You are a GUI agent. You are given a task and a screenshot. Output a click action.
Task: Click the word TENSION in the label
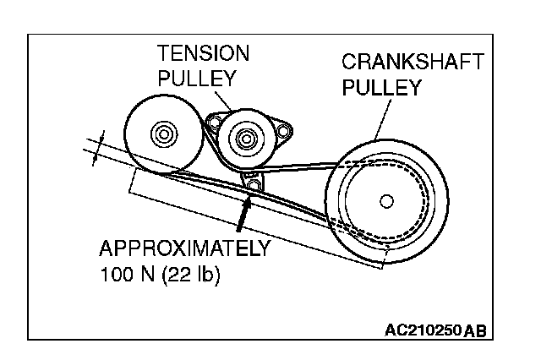[x=204, y=54]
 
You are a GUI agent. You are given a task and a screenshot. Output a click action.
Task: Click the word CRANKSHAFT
[x=412, y=62]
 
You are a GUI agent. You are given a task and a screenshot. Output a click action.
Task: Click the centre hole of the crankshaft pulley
[x=386, y=200]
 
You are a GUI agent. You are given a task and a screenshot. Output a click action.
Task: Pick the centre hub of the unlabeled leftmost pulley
[x=161, y=133]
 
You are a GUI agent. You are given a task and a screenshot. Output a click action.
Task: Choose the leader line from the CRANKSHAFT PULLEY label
[x=380, y=118]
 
